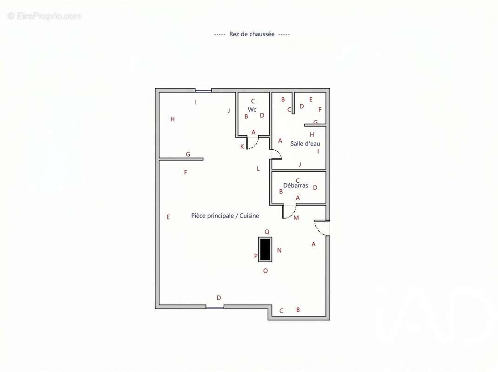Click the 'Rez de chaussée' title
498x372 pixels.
pyautogui.click(x=252, y=34)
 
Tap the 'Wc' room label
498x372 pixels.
pyautogui.click(x=252, y=109)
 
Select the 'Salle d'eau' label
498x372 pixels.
pyautogui.click(x=305, y=144)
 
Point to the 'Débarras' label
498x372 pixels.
pyautogui.click(x=296, y=185)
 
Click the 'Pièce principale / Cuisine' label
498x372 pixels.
pyautogui.click(x=225, y=216)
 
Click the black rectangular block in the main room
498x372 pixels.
pyautogui.click(x=265, y=249)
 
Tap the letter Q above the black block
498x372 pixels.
pyautogui.click(x=267, y=232)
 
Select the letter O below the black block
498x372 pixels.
pyautogui.click(x=266, y=271)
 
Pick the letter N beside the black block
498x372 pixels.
pyautogui.click(x=279, y=250)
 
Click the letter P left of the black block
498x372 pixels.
pyautogui.click(x=256, y=256)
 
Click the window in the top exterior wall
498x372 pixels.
pyautogui.click(x=203, y=91)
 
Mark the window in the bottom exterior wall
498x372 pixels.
pyautogui.click(x=215, y=307)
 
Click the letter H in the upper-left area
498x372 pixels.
pyautogui.click(x=173, y=120)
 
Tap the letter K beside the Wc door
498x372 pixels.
pyautogui.click(x=242, y=146)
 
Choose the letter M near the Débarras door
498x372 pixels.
pyautogui.click(x=296, y=218)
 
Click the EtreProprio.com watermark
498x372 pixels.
pyautogui.click(x=45, y=16)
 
